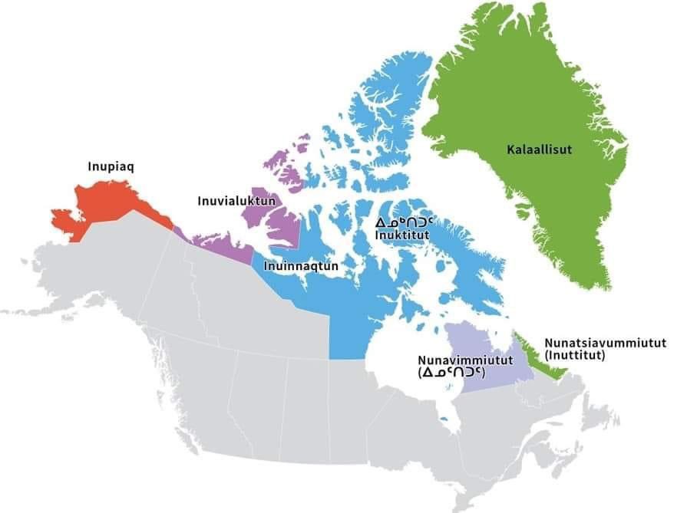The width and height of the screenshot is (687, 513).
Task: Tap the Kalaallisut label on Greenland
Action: tap(540, 149)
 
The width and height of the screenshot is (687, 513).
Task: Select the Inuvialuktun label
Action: tap(226, 201)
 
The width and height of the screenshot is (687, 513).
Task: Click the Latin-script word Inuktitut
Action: tap(401, 235)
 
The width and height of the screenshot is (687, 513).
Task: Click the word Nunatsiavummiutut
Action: tap(605, 343)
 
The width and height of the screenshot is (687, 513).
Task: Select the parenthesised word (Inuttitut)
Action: tap(576, 355)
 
